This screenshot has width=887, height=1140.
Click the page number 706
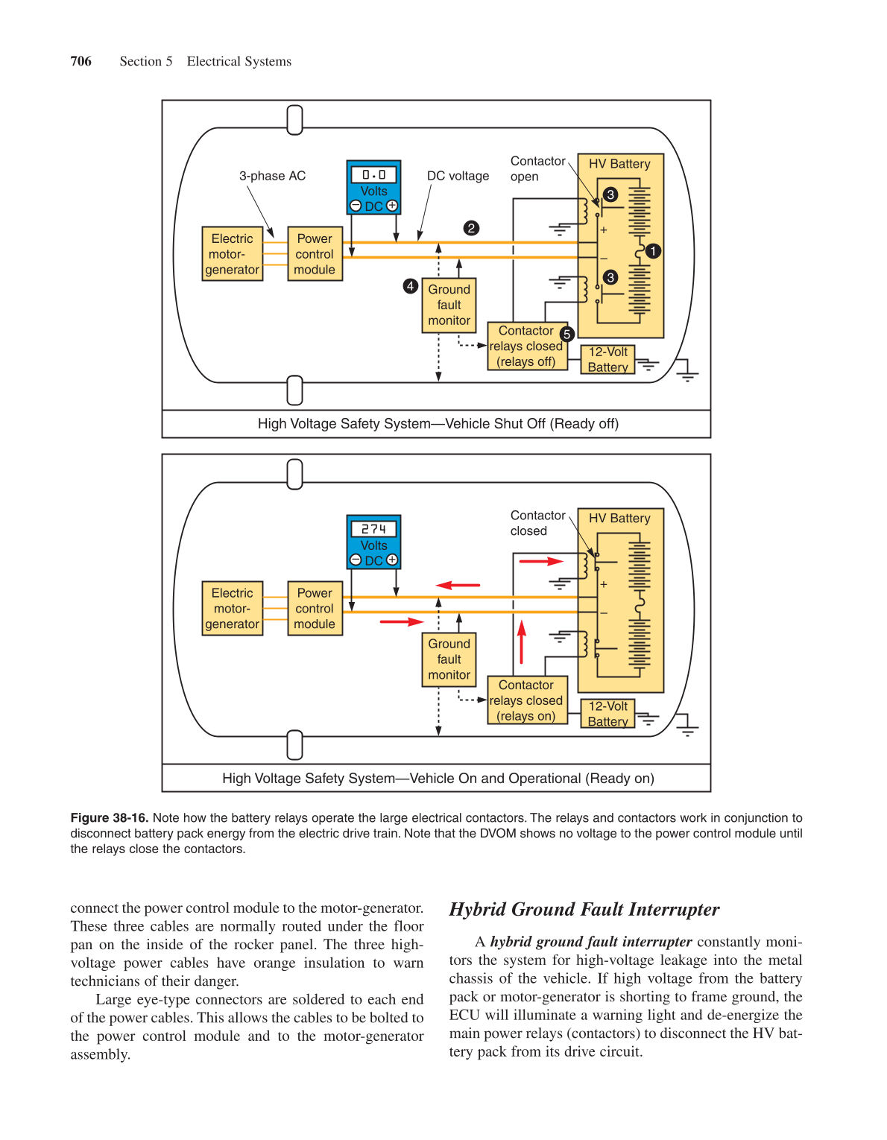point(81,61)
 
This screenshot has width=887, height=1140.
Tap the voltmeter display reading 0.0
point(373,174)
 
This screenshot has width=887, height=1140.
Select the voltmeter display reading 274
point(373,529)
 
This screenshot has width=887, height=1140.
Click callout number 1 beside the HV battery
point(653,251)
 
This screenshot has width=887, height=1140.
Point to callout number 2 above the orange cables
point(471,228)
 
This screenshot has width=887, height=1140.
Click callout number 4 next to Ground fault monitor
point(410,285)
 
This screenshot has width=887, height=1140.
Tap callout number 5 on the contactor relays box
point(566,334)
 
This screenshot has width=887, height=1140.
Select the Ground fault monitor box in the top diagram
point(449,305)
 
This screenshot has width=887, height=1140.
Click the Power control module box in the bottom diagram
point(315,608)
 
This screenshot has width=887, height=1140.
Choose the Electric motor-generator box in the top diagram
point(233,254)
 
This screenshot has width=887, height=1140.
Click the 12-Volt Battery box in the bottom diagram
point(607,714)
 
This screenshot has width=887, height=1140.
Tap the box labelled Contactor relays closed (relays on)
point(526,700)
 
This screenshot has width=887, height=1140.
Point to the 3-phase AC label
point(272,176)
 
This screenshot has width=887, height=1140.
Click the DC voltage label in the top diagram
point(458,176)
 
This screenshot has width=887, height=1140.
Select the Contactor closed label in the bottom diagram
point(537,523)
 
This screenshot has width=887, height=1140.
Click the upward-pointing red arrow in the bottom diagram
point(522,642)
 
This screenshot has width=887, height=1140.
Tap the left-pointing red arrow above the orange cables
point(458,586)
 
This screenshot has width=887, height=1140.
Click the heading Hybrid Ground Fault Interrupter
point(584,909)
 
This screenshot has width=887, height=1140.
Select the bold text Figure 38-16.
point(109,817)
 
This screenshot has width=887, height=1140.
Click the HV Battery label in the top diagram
point(619,164)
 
